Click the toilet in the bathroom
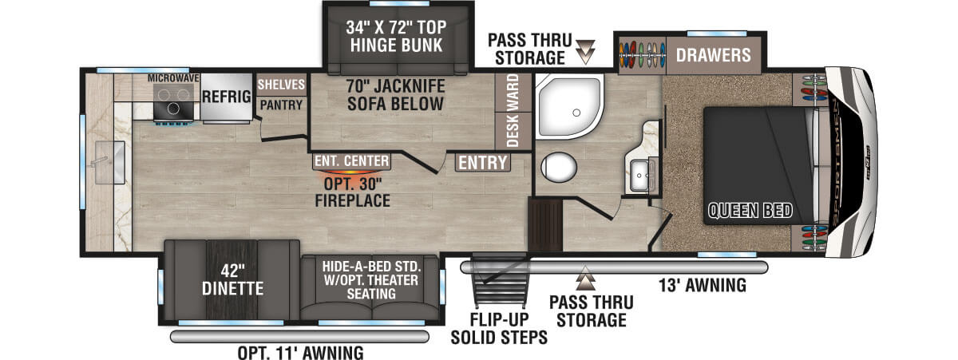[x=559, y=167]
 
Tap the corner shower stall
[x=569, y=106]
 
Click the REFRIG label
[x=227, y=97]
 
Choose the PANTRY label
[x=281, y=105]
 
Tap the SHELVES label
[x=281, y=85]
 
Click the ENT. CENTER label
[x=352, y=161]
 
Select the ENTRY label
[x=483, y=163]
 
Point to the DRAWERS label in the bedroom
[x=714, y=55]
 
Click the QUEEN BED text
[x=750, y=211]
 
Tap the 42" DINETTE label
[x=232, y=280]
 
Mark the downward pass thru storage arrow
[x=585, y=52]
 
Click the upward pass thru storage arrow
[x=585, y=278]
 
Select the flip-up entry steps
[x=500, y=280]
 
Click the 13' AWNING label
[x=703, y=285]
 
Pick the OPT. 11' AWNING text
[x=301, y=353]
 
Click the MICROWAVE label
[x=173, y=78]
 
